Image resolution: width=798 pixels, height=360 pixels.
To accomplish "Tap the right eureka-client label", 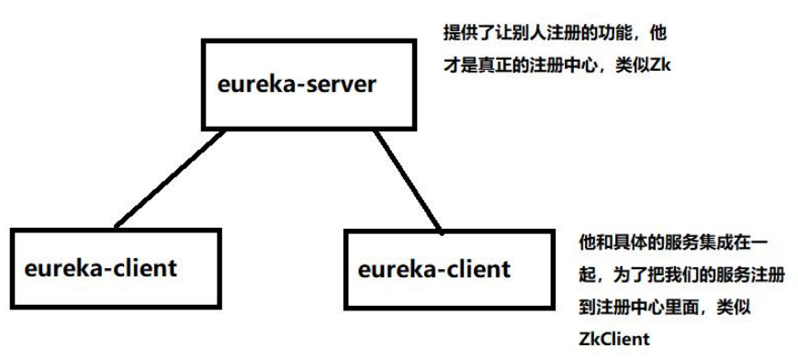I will (433, 269).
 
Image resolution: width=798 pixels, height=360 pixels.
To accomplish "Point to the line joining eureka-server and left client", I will (171, 178).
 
